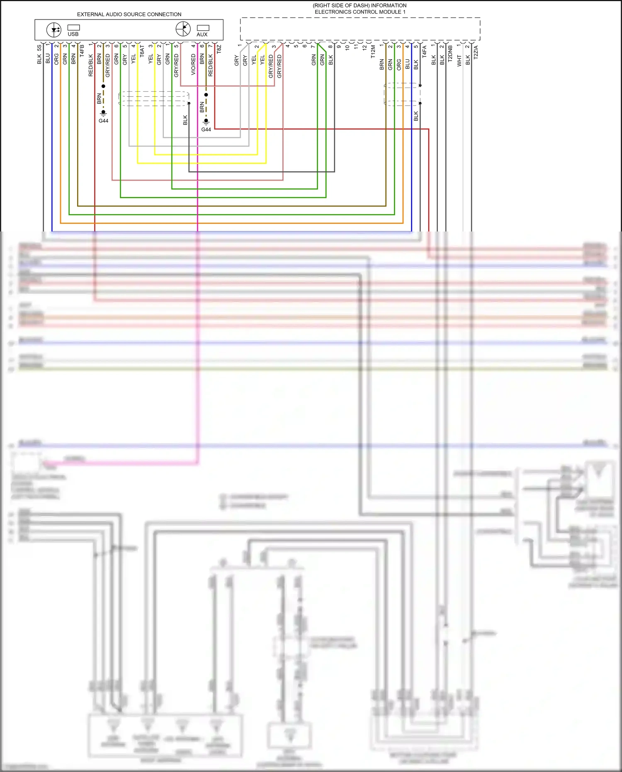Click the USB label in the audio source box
coord(73,34)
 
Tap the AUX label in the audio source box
coord(202,34)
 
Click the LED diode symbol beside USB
coord(54,30)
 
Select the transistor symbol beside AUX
coord(183,29)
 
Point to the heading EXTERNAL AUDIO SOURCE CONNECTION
coord(129,15)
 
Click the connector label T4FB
coord(82,51)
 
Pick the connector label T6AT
coord(142,51)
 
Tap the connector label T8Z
coord(219,49)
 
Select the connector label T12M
coord(373,51)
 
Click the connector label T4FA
coord(425,51)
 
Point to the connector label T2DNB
coord(450,54)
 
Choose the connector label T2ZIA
coord(476,52)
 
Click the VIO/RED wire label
coord(194,64)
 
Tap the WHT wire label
coord(459,61)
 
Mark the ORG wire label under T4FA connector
coord(399,64)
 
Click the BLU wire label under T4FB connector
coord(48,58)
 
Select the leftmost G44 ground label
coord(103,121)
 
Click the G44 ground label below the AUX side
coord(206,129)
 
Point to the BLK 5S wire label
coord(39,54)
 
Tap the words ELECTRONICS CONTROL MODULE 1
coord(360,12)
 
